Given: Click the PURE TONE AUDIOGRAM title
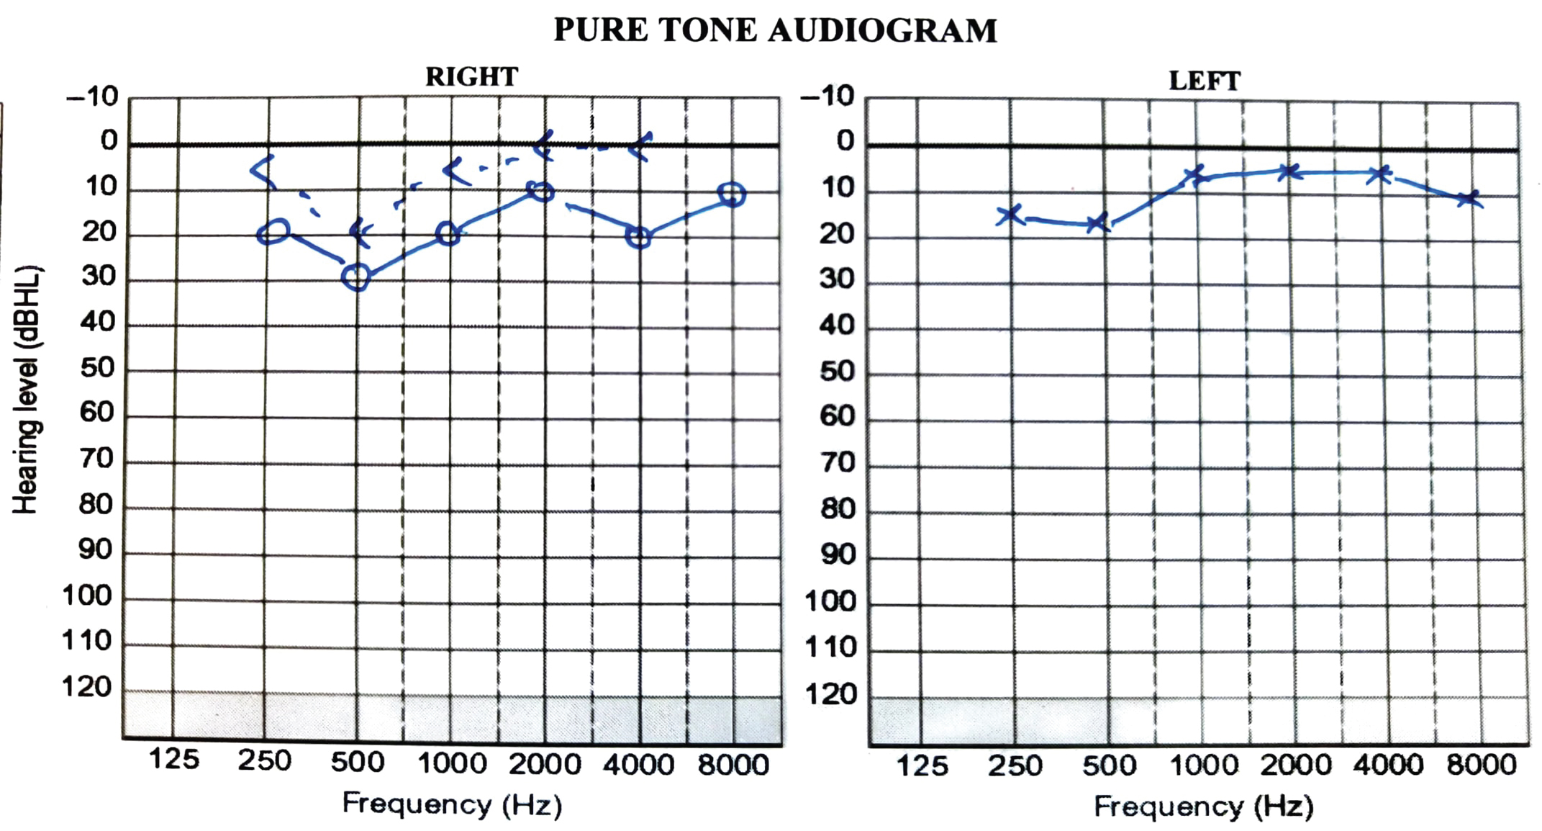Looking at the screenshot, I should [775, 31].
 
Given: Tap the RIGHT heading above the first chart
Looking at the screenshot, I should [471, 77].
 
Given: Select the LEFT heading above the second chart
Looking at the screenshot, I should [1205, 81].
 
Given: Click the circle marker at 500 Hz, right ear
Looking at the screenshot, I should [356, 277].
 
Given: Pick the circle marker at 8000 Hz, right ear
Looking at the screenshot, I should [731, 194].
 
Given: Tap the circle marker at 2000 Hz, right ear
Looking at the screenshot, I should [540, 191].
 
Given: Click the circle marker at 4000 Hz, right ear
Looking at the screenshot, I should [638, 237].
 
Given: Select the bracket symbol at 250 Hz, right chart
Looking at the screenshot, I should [263, 171].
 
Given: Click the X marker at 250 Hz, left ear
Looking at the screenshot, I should [1010, 214].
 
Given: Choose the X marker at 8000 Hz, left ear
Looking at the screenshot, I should [1468, 198].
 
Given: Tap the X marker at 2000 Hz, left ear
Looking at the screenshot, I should [1289, 172].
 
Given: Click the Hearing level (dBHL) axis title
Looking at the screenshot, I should [27, 389].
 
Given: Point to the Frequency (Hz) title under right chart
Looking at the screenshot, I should [452, 804].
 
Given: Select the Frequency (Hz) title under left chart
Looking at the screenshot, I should [1204, 807].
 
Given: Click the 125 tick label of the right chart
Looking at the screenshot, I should [173, 759].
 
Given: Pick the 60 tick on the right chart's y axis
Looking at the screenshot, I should [97, 413].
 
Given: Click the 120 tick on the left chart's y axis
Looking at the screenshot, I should [831, 695].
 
